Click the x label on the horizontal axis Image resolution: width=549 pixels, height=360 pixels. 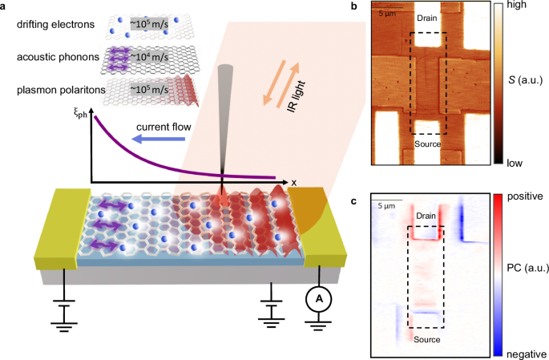pos(294,182)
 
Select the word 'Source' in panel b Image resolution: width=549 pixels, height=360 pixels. pos(428,144)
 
